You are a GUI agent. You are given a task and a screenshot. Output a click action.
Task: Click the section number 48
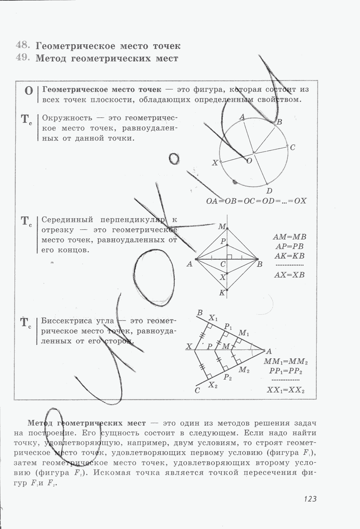22,45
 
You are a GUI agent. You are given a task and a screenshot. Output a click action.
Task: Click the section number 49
22,57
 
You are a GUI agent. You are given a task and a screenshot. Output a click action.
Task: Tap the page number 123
310,499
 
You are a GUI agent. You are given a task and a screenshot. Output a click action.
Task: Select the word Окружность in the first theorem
67,118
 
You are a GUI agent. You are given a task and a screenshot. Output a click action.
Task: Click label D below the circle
269,191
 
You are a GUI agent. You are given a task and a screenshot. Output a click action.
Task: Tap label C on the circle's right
293,148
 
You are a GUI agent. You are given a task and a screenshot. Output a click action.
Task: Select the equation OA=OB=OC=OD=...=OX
256,201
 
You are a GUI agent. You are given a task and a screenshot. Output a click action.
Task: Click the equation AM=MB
289,237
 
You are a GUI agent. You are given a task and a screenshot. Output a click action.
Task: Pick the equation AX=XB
289,275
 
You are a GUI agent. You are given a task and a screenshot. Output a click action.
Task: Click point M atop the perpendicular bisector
222,227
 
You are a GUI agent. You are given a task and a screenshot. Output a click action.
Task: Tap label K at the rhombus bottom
222,293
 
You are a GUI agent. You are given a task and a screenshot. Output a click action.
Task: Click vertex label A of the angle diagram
269,351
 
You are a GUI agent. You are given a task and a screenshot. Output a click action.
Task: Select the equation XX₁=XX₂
285,390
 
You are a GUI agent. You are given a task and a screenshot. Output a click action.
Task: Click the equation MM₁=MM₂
286,362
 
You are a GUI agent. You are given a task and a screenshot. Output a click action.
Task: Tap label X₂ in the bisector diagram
213,385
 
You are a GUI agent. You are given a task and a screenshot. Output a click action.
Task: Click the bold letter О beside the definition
29,91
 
